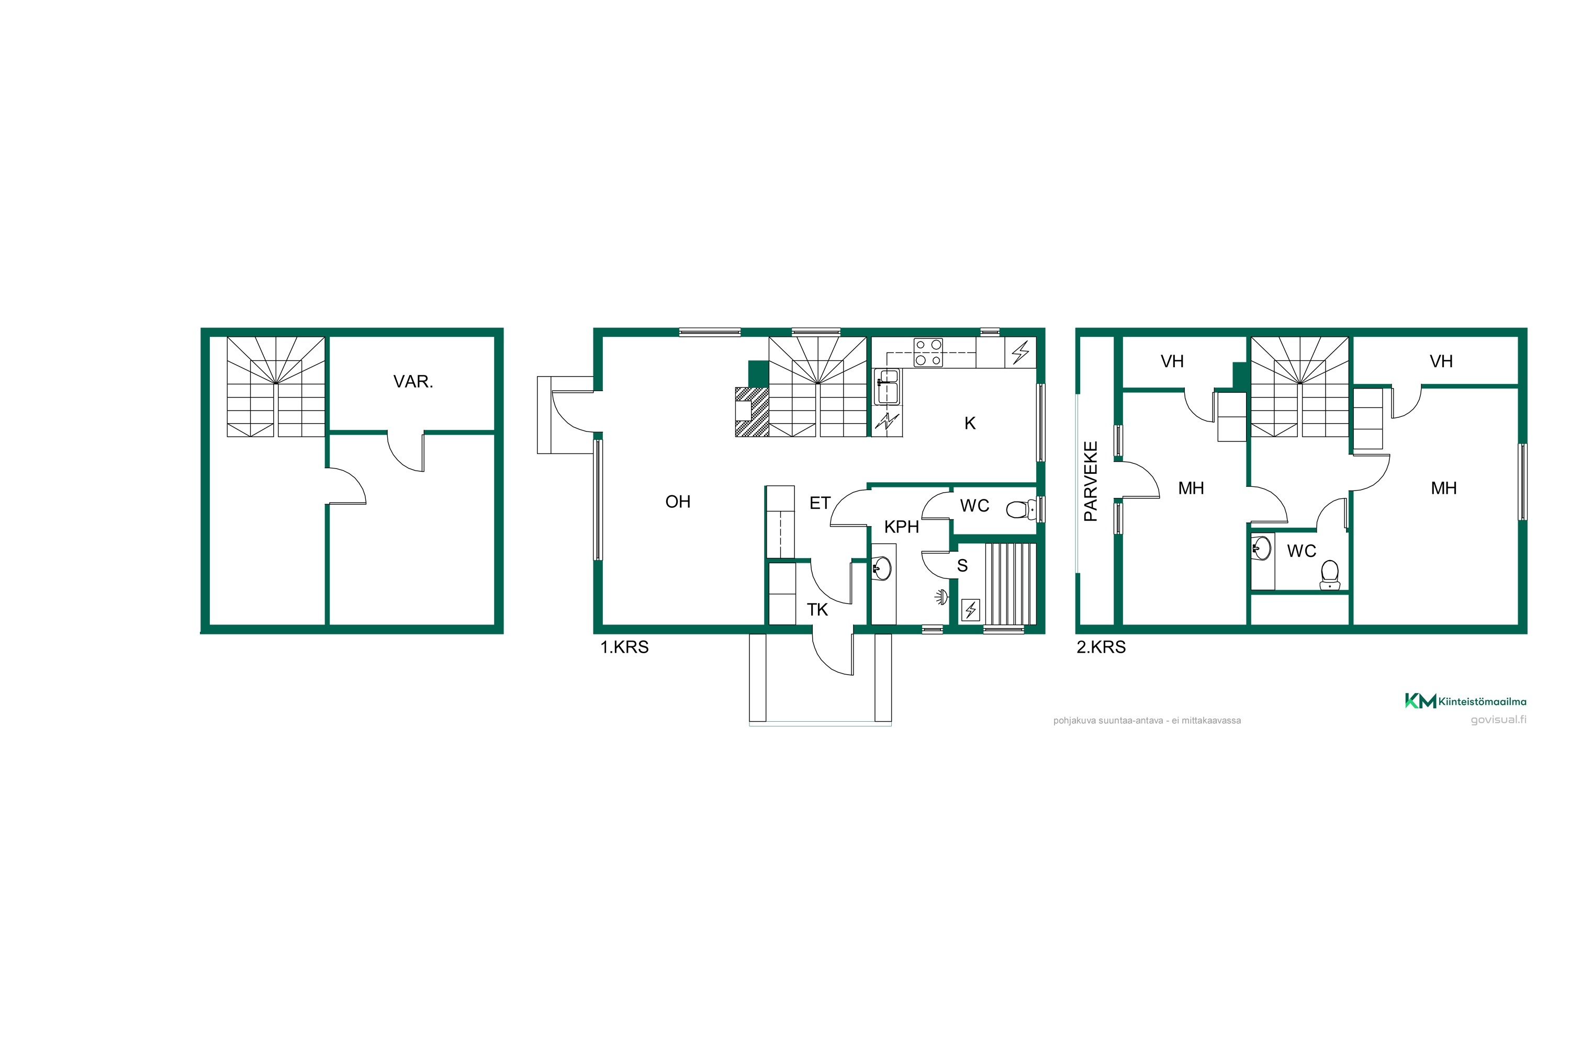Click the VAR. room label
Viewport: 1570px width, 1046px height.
click(x=413, y=382)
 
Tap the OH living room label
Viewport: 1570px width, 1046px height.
click(x=678, y=502)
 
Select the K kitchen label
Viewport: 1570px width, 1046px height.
click(x=970, y=423)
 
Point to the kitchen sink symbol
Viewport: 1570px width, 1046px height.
click(x=887, y=387)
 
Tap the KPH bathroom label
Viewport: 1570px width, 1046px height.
click(x=901, y=527)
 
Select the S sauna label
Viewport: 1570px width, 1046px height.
click(x=962, y=566)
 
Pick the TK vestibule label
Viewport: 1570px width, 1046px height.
click(x=817, y=610)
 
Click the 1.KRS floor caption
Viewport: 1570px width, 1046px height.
click(x=624, y=647)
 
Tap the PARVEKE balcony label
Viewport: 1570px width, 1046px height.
click(x=1090, y=481)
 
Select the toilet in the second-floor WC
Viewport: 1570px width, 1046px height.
click(x=1330, y=575)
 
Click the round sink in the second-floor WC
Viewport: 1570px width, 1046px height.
click(x=1261, y=548)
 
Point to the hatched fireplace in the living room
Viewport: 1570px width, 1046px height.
click(x=752, y=412)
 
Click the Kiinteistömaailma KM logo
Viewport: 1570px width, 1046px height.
click(x=1466, y=701)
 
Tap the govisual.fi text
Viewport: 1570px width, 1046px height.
click(x=1499, y=720)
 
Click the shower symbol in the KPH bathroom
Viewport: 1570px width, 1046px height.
click(x=940, y=597)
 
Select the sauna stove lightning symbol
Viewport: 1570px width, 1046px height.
click(x=971, y=610)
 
